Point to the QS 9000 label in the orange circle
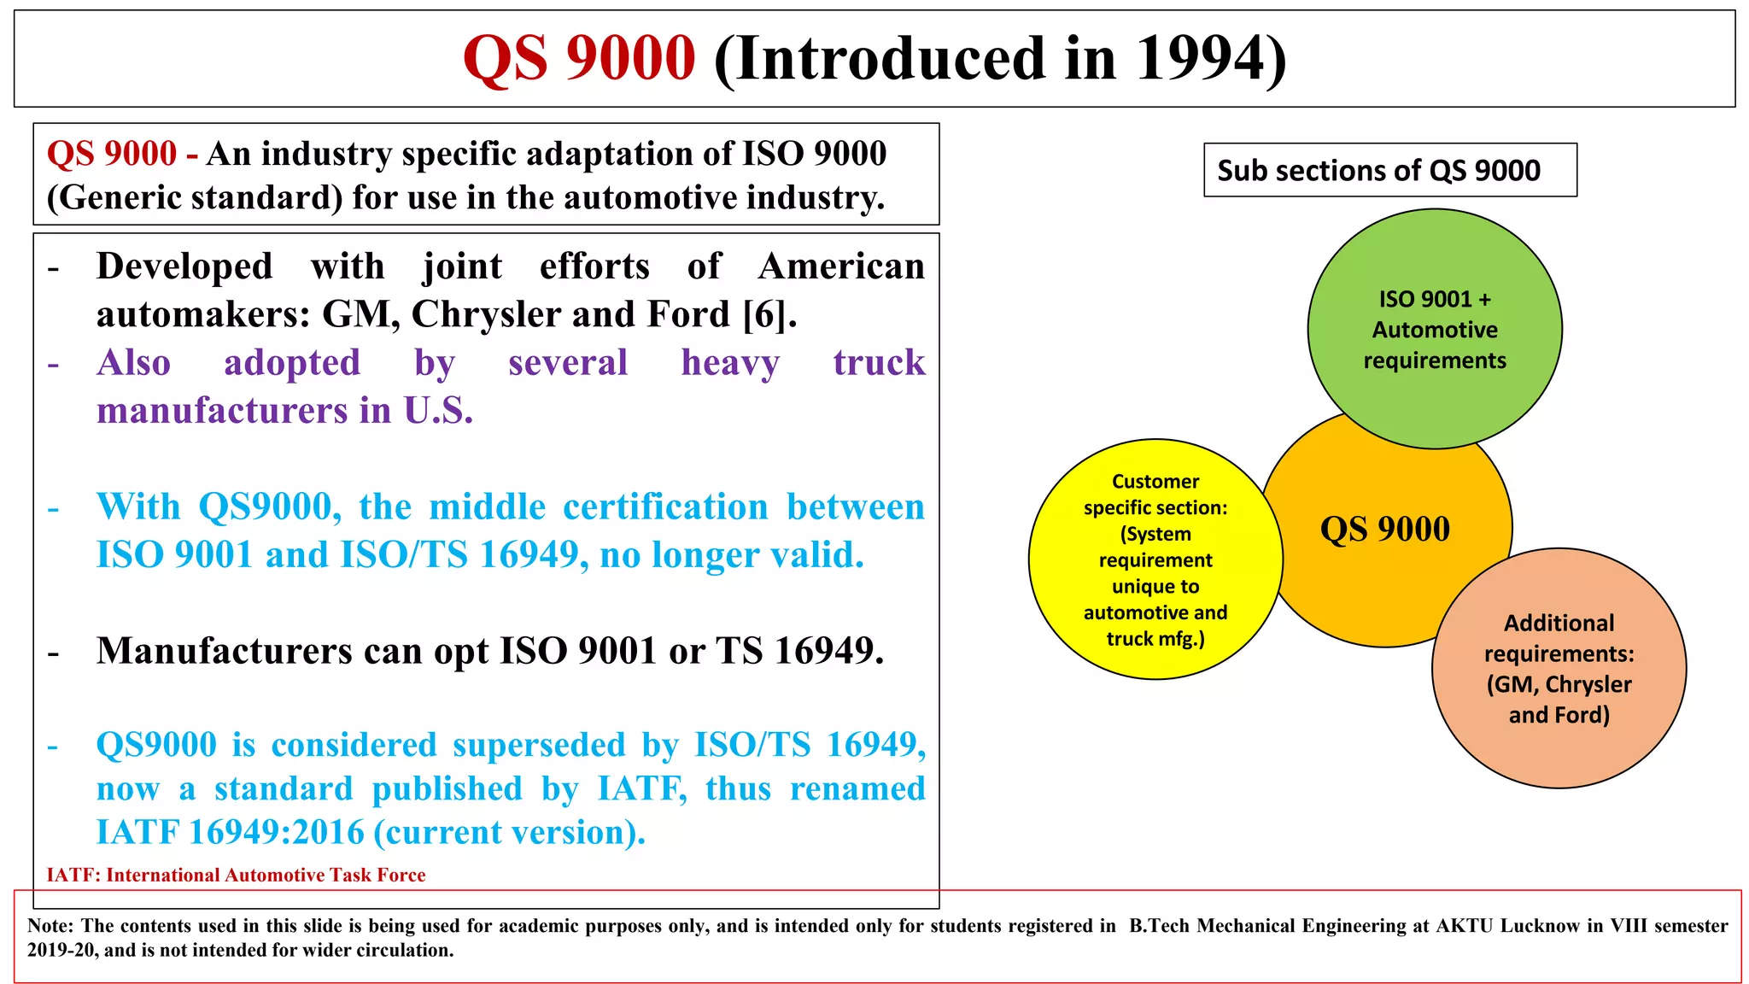[1384, 529]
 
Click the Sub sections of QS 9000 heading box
[1389, 170]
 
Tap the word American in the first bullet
[841, 266]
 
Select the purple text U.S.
[438, 411]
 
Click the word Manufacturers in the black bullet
[224, 651]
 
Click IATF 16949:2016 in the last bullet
[230, 832]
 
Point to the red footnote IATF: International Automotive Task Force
[236, 875]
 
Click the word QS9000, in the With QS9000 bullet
[270, 507]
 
